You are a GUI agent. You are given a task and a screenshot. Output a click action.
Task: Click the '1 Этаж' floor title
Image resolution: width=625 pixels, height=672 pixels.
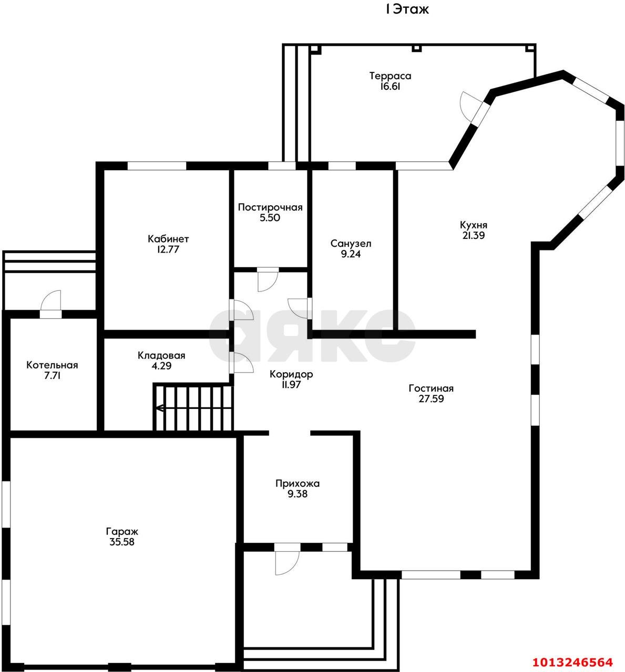(407, 9)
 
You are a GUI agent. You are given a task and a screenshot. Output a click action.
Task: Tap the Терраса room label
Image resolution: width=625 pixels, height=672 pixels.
(390, 76)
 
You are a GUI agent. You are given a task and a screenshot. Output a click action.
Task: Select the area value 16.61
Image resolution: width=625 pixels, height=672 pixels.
(390, 86)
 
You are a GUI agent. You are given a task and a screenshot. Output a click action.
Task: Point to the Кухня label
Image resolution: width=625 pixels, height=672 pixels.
(474, 225)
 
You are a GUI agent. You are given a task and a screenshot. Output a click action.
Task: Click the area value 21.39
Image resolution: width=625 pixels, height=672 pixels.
(474, 236)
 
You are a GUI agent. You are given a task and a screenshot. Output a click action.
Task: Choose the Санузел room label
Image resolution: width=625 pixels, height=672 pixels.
(351, 244)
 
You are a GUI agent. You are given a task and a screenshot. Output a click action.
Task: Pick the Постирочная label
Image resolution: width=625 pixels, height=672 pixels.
(270, 207)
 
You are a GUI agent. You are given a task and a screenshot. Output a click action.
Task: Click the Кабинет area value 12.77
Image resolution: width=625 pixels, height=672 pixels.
(168, 250)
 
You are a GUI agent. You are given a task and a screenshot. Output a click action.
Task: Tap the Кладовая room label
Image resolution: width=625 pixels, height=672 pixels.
(161, 355)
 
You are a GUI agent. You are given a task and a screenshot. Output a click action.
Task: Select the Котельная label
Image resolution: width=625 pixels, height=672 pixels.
(52, 365)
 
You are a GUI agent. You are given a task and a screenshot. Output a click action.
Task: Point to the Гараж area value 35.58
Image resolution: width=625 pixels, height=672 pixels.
(122, 542)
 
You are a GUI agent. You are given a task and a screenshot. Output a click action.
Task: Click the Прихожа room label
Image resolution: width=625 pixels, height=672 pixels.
(297, 484)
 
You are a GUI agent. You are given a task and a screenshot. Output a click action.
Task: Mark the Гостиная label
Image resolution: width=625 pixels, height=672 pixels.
(431, 388)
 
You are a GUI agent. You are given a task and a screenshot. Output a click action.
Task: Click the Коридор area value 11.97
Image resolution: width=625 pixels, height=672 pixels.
(291, 384)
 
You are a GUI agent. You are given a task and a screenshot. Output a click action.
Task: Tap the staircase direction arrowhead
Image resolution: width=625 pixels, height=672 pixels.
(159, 408)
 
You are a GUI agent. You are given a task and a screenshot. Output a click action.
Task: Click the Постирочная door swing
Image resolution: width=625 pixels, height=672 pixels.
(268, 280)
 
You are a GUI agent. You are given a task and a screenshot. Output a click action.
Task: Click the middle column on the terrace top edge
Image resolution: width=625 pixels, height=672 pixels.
(416, 48)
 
